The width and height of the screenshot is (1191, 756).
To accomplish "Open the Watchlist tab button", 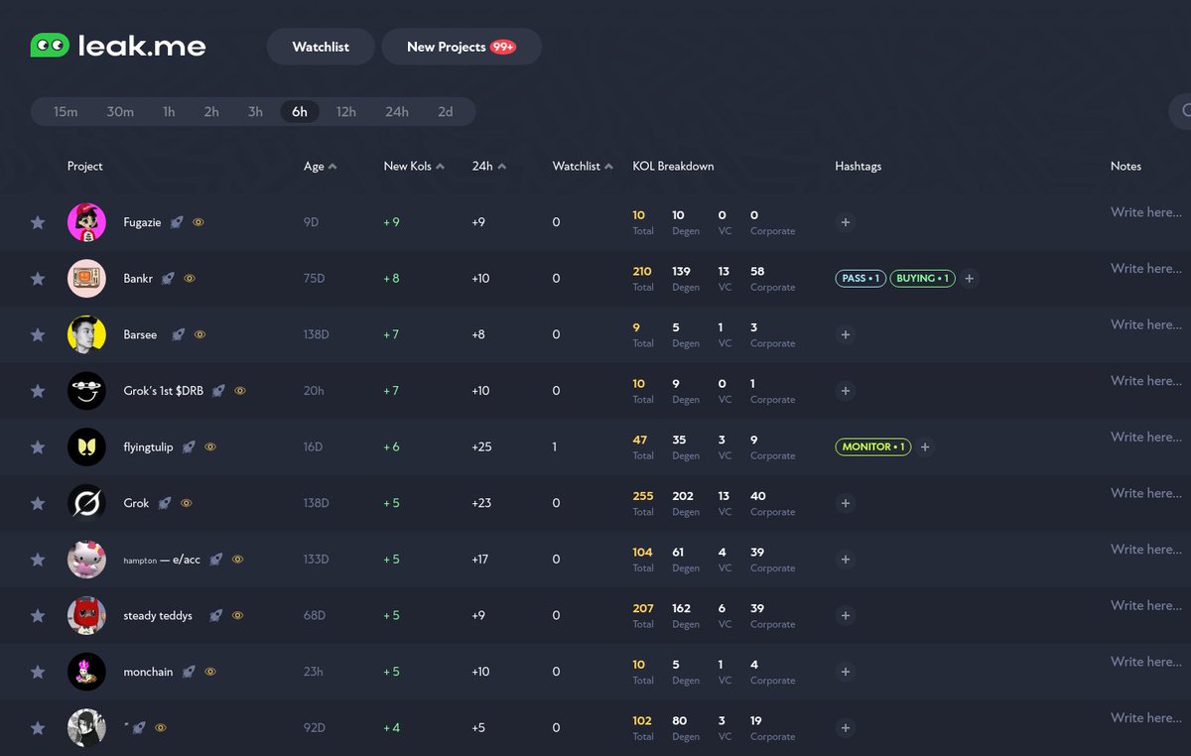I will click(321, 47).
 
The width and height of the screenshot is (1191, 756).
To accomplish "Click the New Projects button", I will click(461, 47).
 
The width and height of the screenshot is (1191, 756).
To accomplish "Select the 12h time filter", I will click(345, 112).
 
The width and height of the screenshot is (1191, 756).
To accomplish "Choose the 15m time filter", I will click(66, 112).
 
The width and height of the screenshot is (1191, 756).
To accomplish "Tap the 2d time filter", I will click(445, 112).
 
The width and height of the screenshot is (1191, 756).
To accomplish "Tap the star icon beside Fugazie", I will click(38, 222).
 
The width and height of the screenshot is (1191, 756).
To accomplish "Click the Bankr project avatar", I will click(86, 279).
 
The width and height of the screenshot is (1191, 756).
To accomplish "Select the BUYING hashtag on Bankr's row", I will click(922, 279).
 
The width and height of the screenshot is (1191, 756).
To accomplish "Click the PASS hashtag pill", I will click(860, 279).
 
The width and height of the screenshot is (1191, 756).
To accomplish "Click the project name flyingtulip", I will click(148, 447).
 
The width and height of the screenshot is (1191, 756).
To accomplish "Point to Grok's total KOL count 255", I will click(642, 496).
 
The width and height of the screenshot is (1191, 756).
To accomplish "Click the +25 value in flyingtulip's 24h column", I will click(481, 447).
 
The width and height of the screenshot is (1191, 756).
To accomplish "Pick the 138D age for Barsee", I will click(316, 335).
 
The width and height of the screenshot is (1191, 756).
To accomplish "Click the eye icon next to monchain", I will click(210, 672).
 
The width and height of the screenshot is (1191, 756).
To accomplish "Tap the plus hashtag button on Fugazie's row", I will click(846, 223).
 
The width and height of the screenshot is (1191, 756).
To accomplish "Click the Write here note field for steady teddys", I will click(1145, 605).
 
